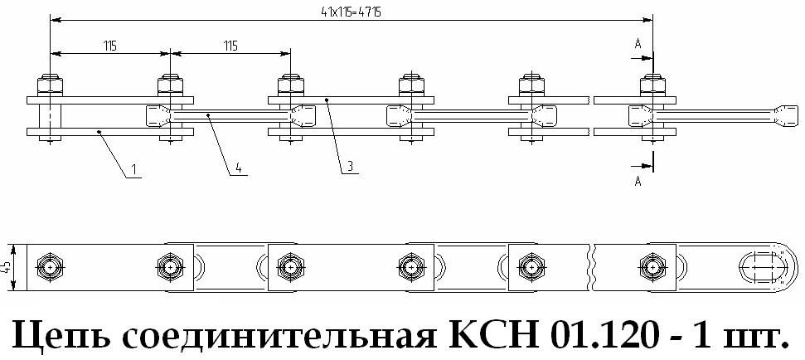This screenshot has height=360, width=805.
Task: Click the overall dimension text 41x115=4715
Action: [x=351, y=12]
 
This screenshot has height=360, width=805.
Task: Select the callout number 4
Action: [x=239, y=168]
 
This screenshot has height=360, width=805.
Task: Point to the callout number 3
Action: [x=349, y=167]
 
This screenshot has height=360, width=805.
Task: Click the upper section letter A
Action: [x=638, y=44]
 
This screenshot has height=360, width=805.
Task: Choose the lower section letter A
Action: [x=638, y=181]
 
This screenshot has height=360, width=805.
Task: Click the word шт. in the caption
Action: [x=756, y=337]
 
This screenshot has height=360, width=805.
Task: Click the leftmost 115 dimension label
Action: [x=110, y=46]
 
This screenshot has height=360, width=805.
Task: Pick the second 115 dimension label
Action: [x=230, y=46]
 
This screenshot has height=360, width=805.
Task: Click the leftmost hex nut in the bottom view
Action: [x=50, y=268]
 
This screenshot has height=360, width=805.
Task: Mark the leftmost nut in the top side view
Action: [x=50, y=85]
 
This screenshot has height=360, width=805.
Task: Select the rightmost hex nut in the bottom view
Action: [x=652, y=268]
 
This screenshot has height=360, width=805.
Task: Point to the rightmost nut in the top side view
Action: [x=652, y=85]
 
